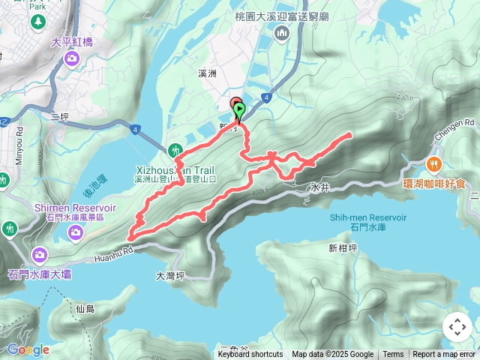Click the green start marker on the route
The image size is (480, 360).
(239, 112)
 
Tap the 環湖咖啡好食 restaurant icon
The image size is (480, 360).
(433, 164)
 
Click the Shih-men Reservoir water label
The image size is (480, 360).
(367, 217)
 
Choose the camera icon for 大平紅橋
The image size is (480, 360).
(71, 58)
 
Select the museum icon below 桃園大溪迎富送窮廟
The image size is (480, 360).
(282, 32)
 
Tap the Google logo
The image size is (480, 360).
(28, 349)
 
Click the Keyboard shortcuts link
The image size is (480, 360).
(250, 355)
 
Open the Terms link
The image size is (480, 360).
(393, 355)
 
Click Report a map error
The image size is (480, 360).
(444, 355)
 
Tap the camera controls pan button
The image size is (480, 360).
(457, 327)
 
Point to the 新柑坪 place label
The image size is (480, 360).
(342, 247)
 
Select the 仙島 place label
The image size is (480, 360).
(85, 308)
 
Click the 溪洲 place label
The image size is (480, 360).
(208, 74)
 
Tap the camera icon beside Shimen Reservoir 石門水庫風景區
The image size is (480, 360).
(75, 232)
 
